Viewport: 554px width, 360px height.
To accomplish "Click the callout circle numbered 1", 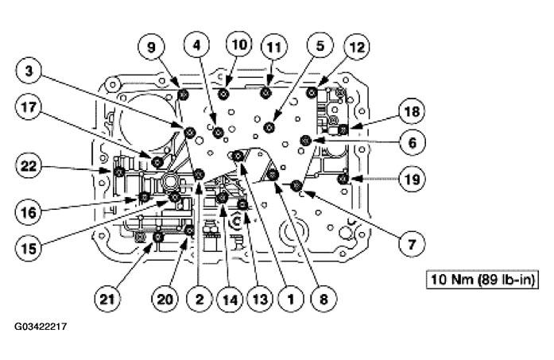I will (291, 299).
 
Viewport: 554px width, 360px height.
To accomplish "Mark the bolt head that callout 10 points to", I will (225, 97).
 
